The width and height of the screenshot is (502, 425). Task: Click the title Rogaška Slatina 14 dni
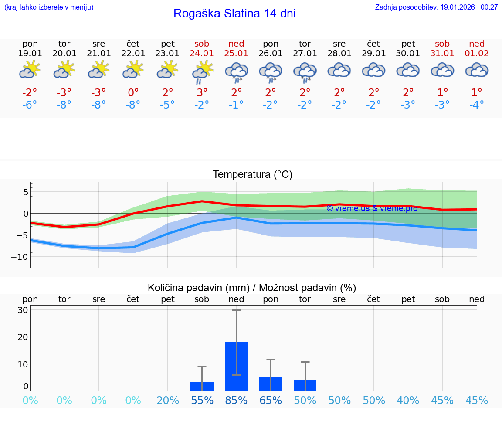234,14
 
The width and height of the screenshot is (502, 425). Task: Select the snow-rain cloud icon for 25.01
236,72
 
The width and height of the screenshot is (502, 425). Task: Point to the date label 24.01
202,54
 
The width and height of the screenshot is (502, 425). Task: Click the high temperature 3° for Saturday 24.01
202,92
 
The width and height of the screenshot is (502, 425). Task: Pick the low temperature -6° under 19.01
30,105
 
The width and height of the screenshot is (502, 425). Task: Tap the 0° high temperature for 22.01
133,92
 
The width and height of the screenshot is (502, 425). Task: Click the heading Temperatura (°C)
252,175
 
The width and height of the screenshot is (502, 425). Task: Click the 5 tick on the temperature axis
26,192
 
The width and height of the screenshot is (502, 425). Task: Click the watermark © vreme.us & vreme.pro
372,208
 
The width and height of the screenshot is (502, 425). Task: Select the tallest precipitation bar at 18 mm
236,367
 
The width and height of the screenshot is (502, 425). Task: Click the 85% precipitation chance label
236,400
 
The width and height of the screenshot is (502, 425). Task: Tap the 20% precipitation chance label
168,400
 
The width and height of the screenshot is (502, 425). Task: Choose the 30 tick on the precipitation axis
23,310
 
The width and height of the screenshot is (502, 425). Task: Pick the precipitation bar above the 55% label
202,386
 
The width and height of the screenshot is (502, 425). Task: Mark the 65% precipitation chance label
271,400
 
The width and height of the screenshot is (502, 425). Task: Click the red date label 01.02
477,54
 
